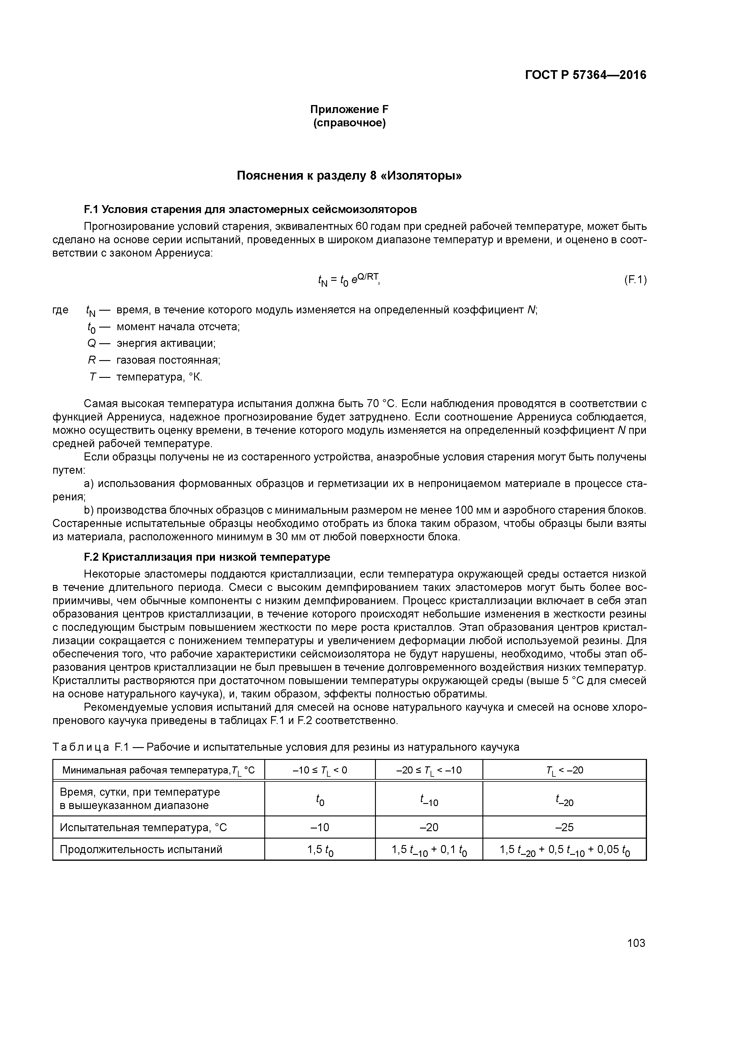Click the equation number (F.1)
point(635,280)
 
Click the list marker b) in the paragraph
point(88,510)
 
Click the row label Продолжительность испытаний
point(141,850)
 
